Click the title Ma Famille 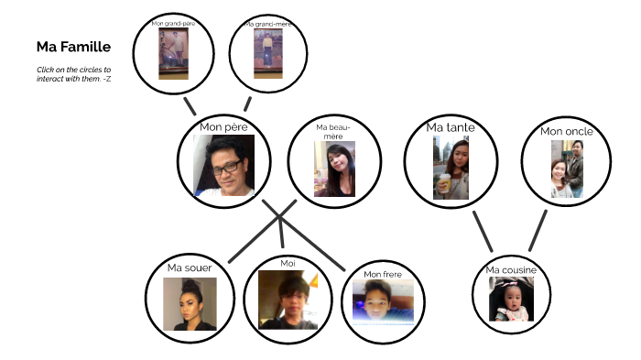(73, 47)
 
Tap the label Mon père (223, 128)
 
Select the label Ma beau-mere (333, 130)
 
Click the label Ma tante (451, 127)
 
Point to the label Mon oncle (566, 131)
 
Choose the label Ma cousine (510, 270)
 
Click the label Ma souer (190, 267)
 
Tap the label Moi (288, 263)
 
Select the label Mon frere (382, 273)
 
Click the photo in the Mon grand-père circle (173, 53)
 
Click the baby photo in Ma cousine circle (510, 300)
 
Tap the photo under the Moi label (288, 300)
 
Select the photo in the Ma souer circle (190, 304)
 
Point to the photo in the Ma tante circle (451, 168)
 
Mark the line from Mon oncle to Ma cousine (538, 230)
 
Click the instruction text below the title (74, 74)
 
